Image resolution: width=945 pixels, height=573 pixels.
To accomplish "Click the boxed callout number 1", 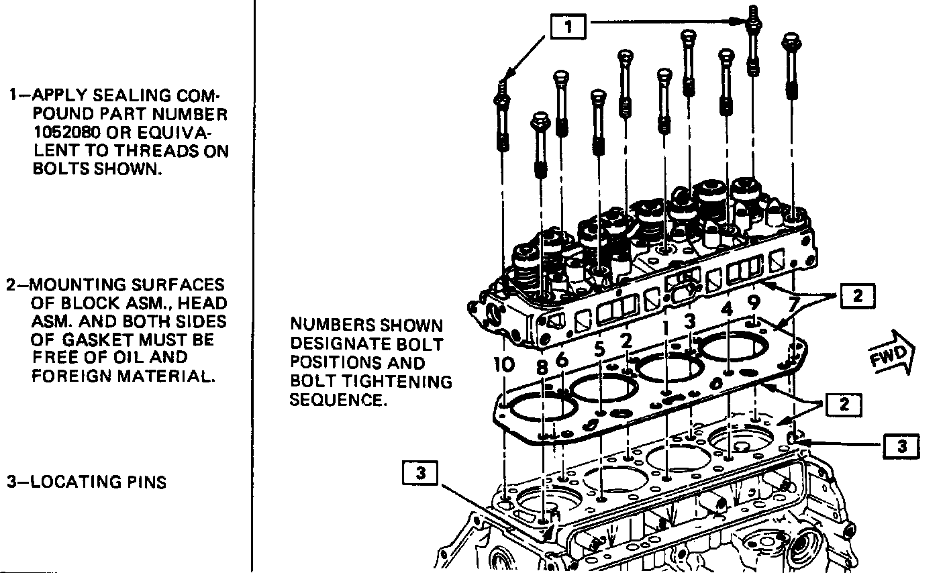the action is click(568, 27).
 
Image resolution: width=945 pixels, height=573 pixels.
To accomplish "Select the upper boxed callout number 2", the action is click(858, 297).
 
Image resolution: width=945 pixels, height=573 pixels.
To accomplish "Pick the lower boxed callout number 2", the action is click(844, 405).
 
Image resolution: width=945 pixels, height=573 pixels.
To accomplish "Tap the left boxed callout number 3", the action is click(420, 473).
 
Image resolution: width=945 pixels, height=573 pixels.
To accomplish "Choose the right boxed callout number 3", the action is click(901, 446).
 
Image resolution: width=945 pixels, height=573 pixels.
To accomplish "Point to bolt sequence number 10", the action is click(504, 365).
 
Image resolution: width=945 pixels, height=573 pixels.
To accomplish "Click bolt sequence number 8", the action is click(542, 368).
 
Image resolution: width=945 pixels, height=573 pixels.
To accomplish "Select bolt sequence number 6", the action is click(562, 360).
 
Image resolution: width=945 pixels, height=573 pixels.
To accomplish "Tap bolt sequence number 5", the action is click(599, 350).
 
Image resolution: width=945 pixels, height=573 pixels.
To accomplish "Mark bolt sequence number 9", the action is click(754, 303).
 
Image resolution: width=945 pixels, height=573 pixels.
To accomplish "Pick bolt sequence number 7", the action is click(794, 305).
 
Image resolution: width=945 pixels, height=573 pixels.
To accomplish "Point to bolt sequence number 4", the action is click(727, 310).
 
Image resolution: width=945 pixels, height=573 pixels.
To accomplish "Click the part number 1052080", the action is click(67, 133).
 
